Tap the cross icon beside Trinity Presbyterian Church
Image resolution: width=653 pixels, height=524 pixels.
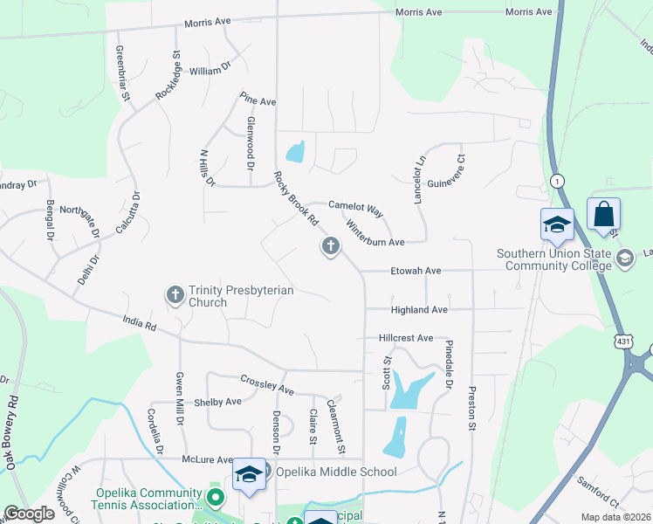click(175, 295)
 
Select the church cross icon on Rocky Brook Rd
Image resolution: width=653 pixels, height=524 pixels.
click(330, 247)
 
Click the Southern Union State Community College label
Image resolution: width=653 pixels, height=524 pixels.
click(553, 259)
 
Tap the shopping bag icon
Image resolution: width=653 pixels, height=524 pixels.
click(603, 214)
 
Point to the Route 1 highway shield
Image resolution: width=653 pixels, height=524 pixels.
click(556, 180)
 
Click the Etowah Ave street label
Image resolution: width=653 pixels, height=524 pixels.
click(418, 271)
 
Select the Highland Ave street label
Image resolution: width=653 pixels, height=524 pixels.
click(420, 310)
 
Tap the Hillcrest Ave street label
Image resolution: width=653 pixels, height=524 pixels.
click(406, 338)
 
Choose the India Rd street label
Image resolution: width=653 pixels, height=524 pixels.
click(139, 327)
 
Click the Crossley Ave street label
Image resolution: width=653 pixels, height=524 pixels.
click(268, 384)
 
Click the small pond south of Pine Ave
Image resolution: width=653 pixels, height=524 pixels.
click(295, 152)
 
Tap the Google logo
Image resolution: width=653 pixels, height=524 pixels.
click(29, 514)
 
